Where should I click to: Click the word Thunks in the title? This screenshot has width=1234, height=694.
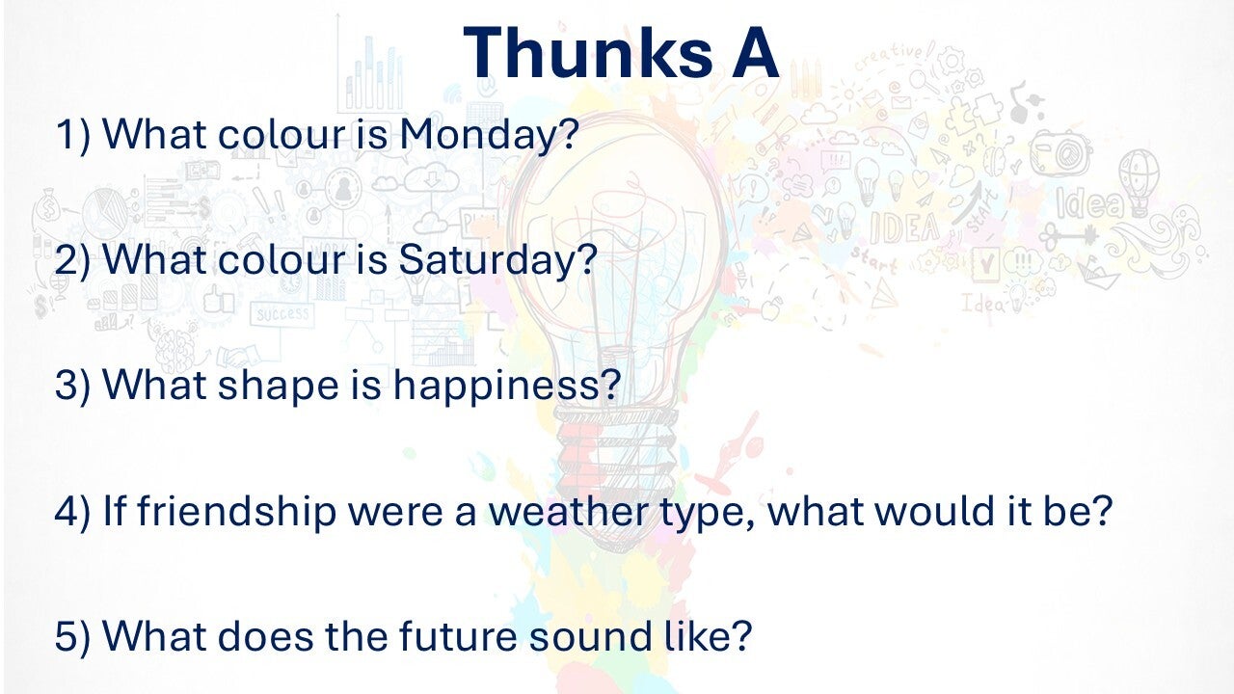(588, 52)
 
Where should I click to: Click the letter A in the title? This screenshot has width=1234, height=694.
(755, 53)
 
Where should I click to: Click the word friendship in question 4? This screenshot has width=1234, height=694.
(236, 512)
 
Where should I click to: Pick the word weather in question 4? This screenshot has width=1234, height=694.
(569, 511)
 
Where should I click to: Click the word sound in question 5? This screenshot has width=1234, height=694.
(590, 636)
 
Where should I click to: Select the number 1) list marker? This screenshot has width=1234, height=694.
(72, 136)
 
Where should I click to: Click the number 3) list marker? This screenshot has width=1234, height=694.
(72, 385)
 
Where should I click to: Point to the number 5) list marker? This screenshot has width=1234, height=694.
(72, 637)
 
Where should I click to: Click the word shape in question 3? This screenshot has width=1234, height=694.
(279, 387)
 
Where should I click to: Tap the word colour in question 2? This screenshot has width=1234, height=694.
(282, 260)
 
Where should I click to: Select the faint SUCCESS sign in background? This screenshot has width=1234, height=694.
(282, 314)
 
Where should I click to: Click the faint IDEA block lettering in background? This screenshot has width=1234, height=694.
(904, 227)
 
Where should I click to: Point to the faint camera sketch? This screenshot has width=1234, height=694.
(1061, 152)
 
